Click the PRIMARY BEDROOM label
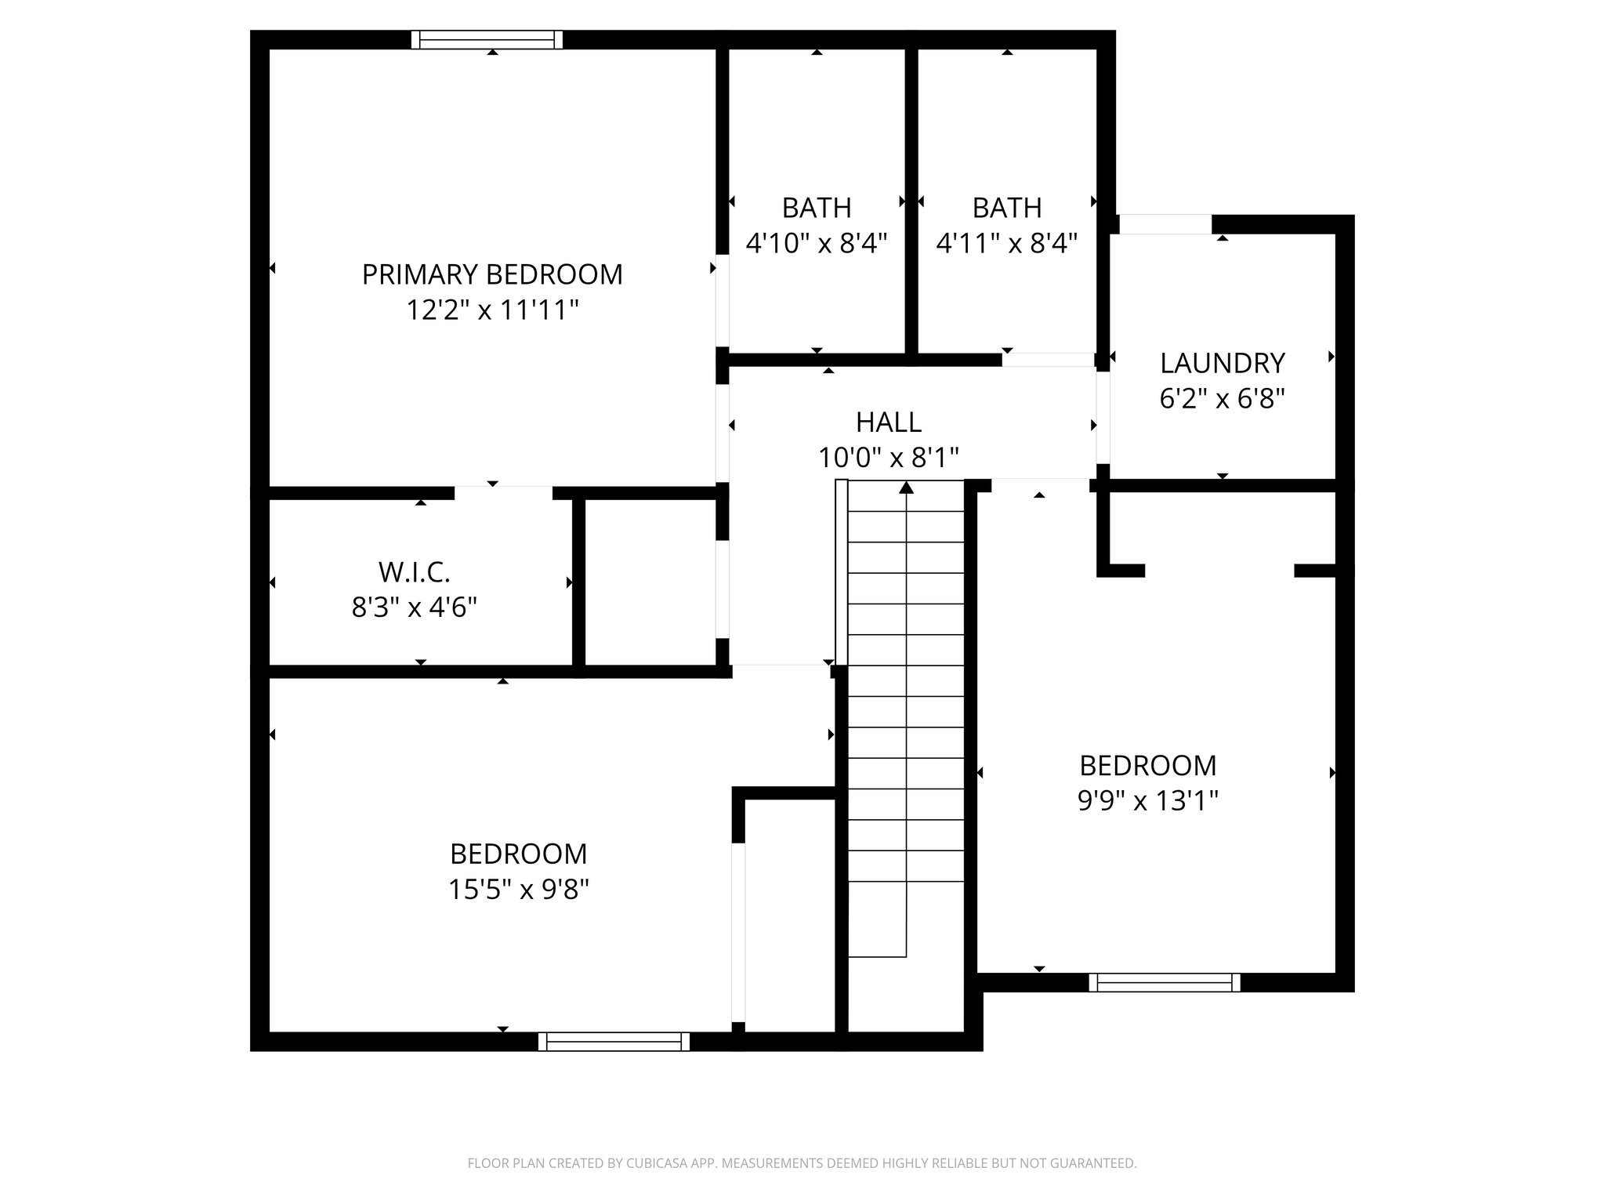click(x=491, y=275)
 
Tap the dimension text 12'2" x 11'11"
click(x=491, y=310)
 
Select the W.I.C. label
click(x=414, y=572)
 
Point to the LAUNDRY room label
click(x=1222, y=364)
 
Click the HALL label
click(x=888, y=422)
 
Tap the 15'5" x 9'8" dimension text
click(x=518, y=890)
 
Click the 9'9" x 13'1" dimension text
click(x=1147, y=801)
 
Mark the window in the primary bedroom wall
click(x=487, y=40)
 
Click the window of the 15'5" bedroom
click(x=614, y=1042)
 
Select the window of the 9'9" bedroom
click(x=1164, y=982)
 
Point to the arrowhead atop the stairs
click(x=906, y=488)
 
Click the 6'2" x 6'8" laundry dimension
click(x=1222, y=400)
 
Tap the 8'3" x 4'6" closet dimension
click(x=414, y=607)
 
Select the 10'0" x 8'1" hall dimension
click(x=888, y=458)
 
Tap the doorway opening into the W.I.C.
click(x=503, y=493)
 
